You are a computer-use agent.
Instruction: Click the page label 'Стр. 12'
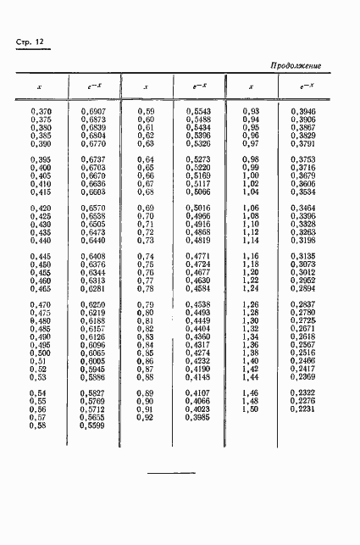pos(32,44)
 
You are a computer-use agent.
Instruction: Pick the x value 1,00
pos(251,175)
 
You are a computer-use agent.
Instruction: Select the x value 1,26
pos(251,304)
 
